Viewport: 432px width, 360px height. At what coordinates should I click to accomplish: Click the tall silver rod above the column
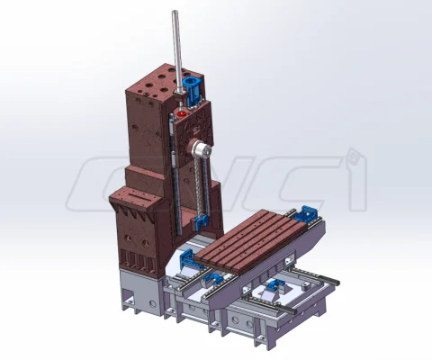(177, 52)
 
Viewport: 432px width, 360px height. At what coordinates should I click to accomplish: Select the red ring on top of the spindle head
(181, 114)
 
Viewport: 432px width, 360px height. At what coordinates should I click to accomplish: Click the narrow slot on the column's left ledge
(141, 196)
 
